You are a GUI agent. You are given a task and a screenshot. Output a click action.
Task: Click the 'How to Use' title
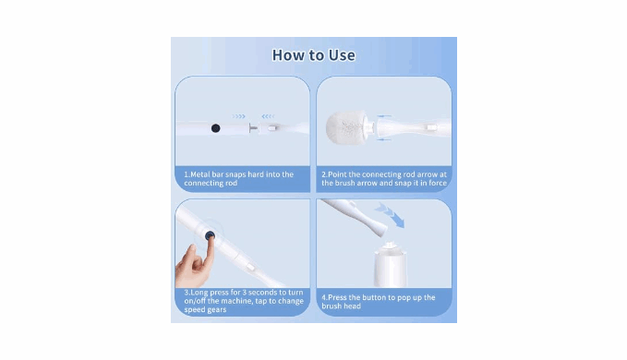point(314,55)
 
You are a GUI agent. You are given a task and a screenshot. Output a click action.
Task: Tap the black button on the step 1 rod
point(215,128)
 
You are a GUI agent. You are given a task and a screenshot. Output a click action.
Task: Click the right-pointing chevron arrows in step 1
point(239,116)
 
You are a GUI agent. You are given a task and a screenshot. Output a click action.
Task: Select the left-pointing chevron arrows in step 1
point(268,116)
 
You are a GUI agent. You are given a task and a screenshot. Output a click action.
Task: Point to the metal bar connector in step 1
point(254,128)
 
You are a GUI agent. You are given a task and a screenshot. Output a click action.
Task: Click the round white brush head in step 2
point(346,128)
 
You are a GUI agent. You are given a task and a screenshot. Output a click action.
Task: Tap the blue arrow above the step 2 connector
point(384,116)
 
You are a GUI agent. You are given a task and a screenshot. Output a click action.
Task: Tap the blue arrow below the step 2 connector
point(384,139)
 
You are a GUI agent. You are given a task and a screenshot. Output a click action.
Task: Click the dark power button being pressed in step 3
point(210,236)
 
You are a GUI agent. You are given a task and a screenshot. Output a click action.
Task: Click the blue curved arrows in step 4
point(390,215)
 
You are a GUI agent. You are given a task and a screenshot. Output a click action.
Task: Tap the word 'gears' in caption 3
point(216,310)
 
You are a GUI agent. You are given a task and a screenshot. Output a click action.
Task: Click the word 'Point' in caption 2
point(337,174)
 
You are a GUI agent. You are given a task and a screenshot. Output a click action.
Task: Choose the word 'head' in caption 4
point(353,306)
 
